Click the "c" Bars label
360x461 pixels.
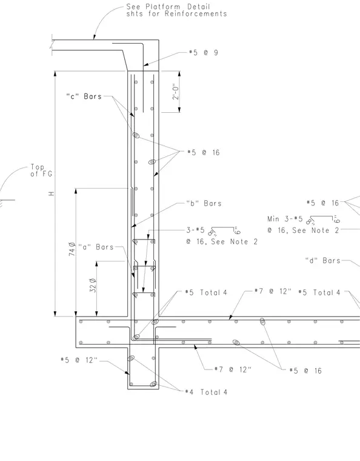84,96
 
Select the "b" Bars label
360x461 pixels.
204,203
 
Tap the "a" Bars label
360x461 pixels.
96,247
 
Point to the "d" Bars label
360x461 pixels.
322,260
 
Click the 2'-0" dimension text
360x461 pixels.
176,92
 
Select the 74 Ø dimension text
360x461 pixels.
72,249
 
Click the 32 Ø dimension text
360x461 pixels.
93,285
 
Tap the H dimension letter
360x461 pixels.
52,193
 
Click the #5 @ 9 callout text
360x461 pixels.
204,53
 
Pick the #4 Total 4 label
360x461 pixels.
206,392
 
